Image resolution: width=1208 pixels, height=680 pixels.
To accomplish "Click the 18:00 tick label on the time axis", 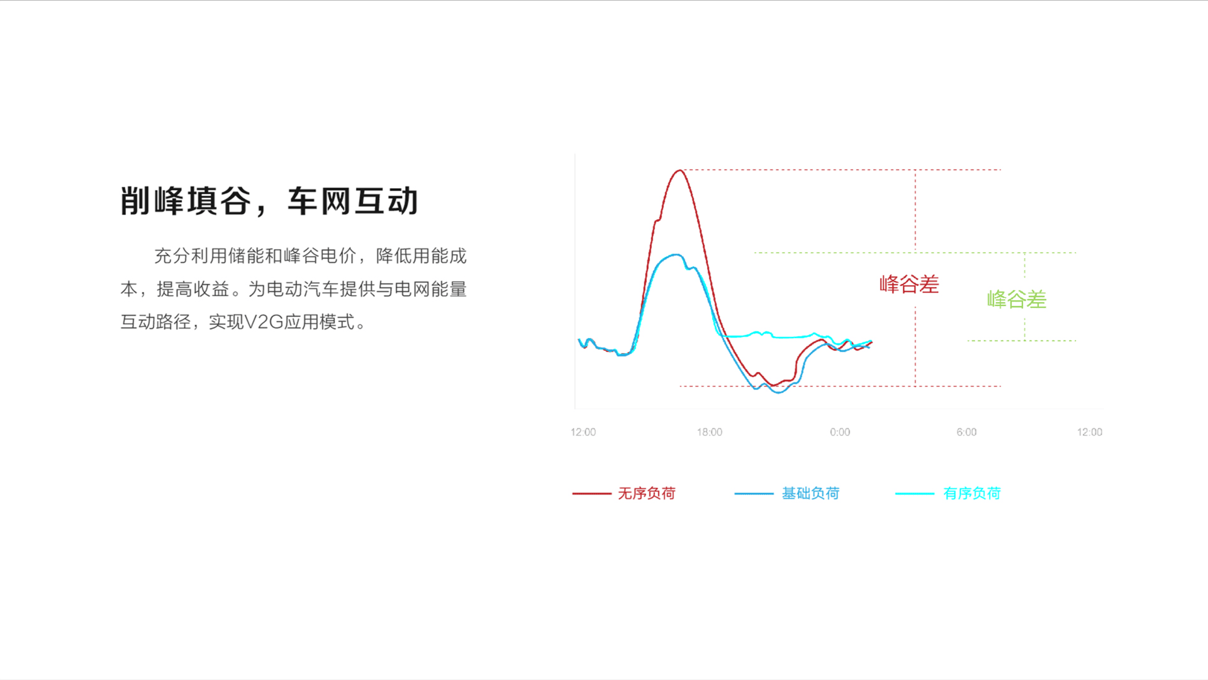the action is pyautogui.click(x=709, y=432).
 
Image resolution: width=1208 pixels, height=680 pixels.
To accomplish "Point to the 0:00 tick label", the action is pyautogui.click(x=840, y=432).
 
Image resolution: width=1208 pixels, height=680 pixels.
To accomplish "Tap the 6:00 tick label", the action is pyautogui.click(x=966, y=432).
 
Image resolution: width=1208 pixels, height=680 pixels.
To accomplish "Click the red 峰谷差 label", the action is pyautogui.click(x=909, y=284).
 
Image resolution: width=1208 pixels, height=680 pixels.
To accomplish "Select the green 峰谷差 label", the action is pyautogui.click(x=1017, y=299).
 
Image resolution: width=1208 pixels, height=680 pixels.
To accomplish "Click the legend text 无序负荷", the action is pyautogui.click(x=647, y=493).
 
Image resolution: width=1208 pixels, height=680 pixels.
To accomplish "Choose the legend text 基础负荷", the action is pyautogui.click(x=810, y=493).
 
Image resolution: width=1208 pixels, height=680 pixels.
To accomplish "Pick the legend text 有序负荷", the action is pyautogui.click(x=972, y=493).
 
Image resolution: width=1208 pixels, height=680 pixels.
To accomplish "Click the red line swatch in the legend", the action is pyautogui.click(x=591, y=494).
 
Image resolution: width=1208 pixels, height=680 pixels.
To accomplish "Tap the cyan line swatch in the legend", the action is pyautogui.click(x=915, y=494).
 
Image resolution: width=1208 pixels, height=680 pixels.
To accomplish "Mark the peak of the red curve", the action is pyautogui.click(x=679, y=170).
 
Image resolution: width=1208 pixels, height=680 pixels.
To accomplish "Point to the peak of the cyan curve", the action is pyautogui.click(x=676, y=254).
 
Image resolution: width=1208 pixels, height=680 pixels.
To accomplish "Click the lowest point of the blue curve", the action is pyautogui.click(x=779, y=392).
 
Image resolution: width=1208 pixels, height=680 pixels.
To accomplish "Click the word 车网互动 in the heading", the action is pyautogui.click(x=353, y=201).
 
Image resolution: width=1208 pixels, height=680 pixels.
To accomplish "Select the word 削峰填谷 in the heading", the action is pyautogui.click(x=186, y=201).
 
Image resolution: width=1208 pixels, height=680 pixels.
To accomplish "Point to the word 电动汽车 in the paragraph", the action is pyautogui.click(x=303, y=289).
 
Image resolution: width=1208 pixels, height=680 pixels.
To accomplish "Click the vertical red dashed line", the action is pyautogui.click(x=915, y=278).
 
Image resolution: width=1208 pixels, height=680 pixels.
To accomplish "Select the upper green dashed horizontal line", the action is pyautogui.click(x=915, y=253).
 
